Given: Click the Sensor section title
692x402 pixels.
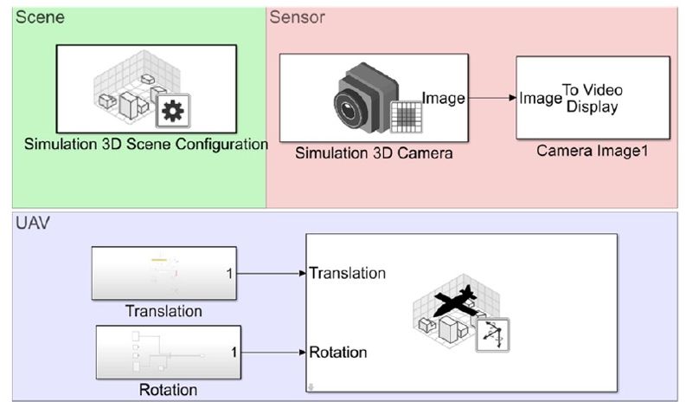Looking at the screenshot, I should pyautogui.click(x=298, y=16).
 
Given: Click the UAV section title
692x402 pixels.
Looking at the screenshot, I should pyautogui.click(x=34, y=224).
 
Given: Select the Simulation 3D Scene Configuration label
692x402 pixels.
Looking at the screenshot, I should pyautogui.click(x=145, y=144).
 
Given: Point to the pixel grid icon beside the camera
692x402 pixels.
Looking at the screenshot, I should pyautogui.click(x=406, y=116).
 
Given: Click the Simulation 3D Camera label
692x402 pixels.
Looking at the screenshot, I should pyautogui.click(x=374, y=153).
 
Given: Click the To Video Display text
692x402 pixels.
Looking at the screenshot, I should pyautogui.click(x=593, y=98).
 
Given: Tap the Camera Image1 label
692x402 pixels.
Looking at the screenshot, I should pyautogui.click(x=593, y=151).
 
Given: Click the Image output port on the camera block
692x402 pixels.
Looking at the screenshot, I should pyautogui.click(x=443, y=98).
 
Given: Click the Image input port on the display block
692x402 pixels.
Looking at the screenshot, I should pyautogui.click(x=541, y=98).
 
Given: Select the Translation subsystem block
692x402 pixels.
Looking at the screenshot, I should pyautogui.click(x=163, y=274).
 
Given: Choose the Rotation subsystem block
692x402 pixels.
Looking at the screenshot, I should pyautogui.click(x=169, y=353).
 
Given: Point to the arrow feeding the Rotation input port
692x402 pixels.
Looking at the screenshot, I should pyautogui.click(x=273, y=353).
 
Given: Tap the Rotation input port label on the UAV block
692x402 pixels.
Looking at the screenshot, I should pyautogui.click(x=338, y=353).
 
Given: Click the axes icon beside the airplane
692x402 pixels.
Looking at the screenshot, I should pyautogui.click(x=493, y=334).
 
